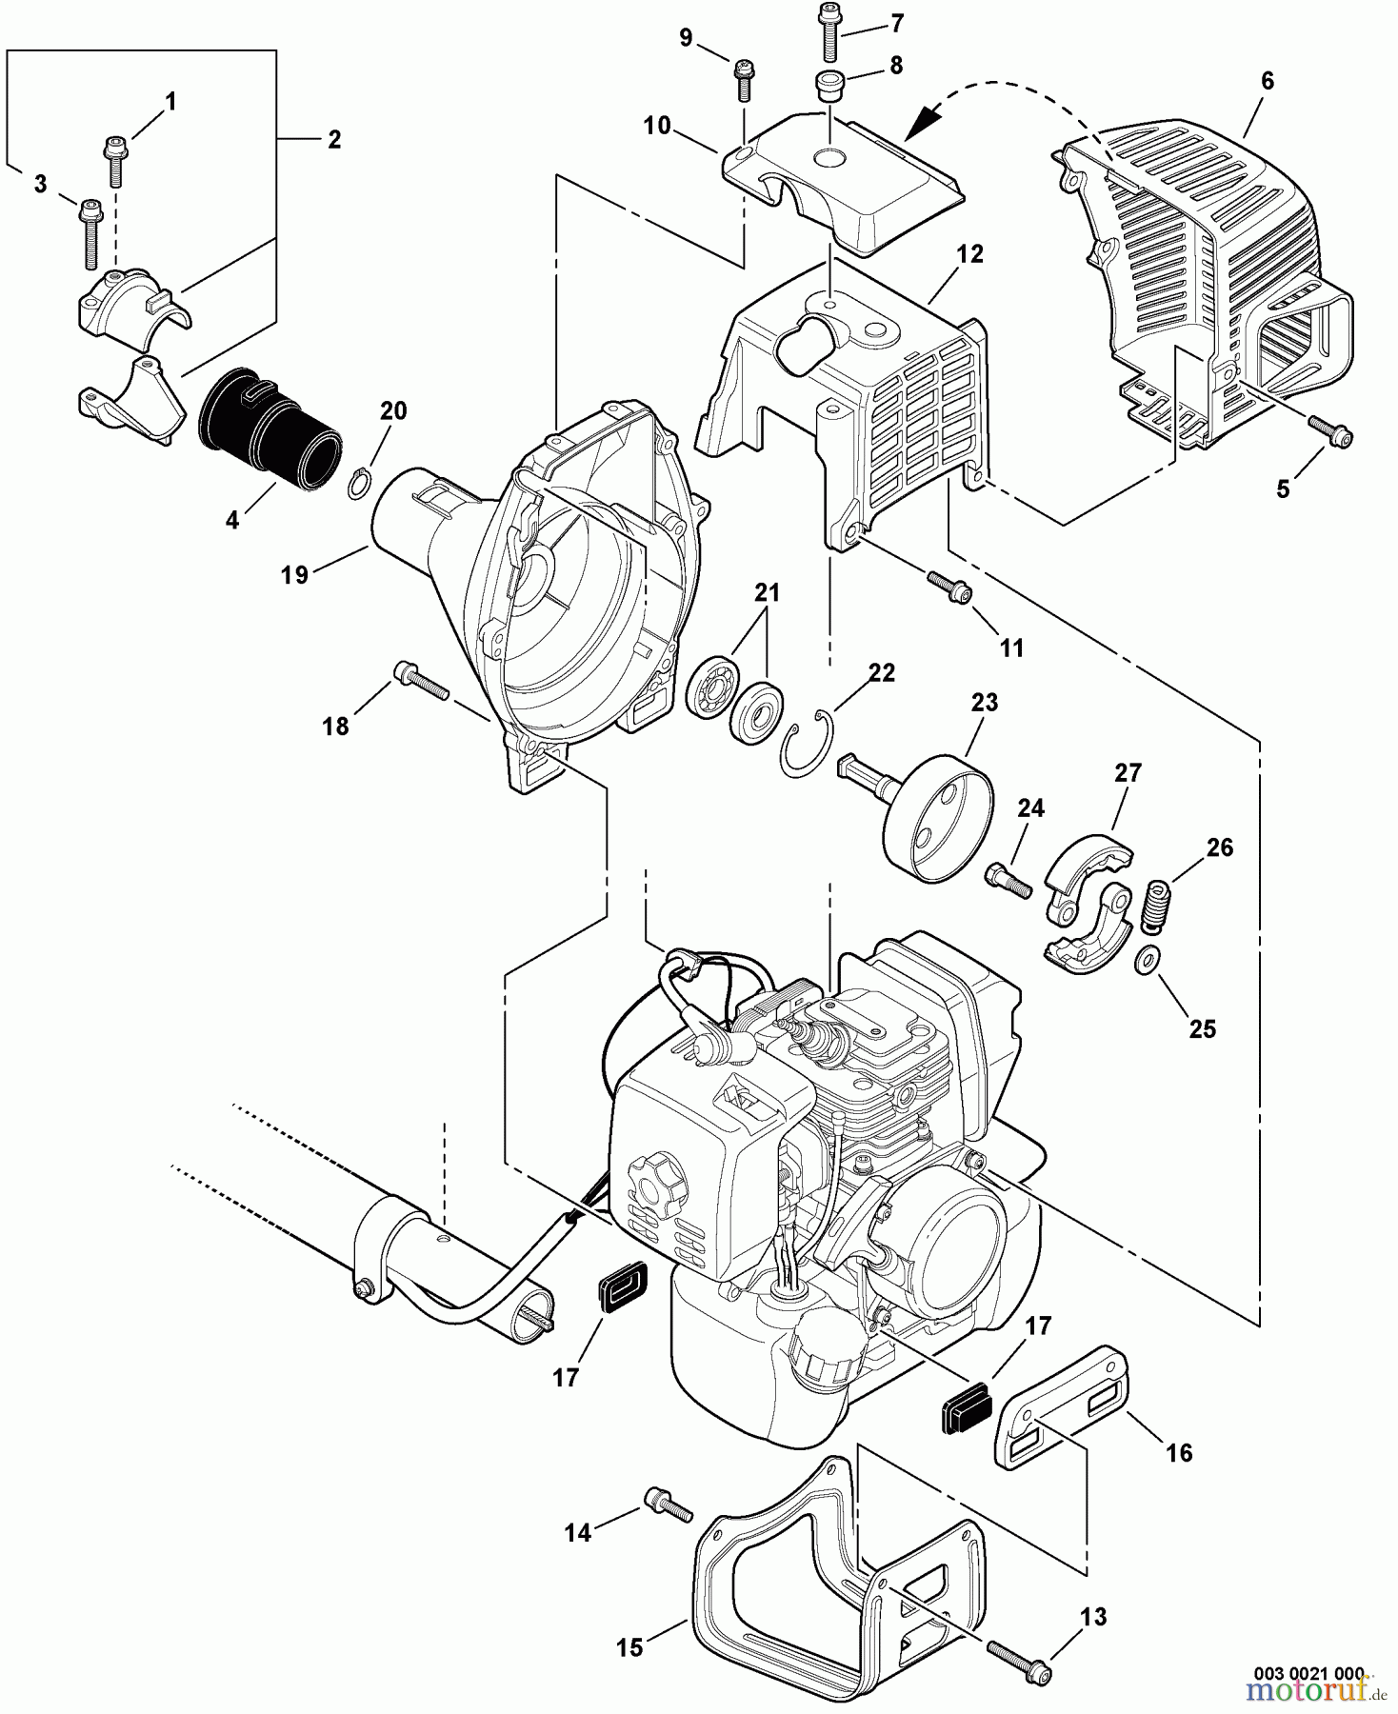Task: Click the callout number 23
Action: [x=984, y=704]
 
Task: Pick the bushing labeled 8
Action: [x=829, y=84]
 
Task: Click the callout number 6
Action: [x=1267, y=82]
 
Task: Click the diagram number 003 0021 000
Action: [x=1308, y=1674]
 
